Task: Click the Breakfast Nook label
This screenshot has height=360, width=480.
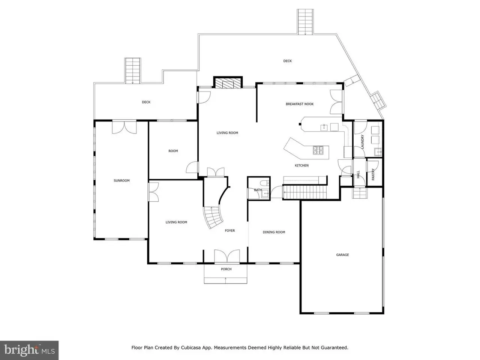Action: (300, 104)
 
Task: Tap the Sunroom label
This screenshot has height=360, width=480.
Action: (121, 180)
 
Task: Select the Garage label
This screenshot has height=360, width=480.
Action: (342, 255)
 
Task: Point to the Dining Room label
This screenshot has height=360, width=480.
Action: (274, 232)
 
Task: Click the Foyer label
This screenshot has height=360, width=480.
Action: (230, 231)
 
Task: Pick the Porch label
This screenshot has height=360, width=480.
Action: (226, 269)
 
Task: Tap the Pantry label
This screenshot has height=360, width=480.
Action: (373, 174)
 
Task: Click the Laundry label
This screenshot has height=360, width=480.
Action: (362, 142)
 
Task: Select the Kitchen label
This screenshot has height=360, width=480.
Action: (301, 165)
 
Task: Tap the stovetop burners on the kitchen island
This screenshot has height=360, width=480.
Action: (318, 150)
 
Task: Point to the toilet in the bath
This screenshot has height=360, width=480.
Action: (265, 183)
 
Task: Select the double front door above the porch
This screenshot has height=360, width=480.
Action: (227, 256)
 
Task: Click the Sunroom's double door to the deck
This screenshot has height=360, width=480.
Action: (124, 127)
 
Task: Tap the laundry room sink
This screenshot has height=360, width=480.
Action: (378, 151)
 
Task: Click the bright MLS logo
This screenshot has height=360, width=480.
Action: (29, 350)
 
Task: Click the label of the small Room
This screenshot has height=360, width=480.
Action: (173, 151)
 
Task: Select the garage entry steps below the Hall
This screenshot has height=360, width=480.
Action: (360, 193)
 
